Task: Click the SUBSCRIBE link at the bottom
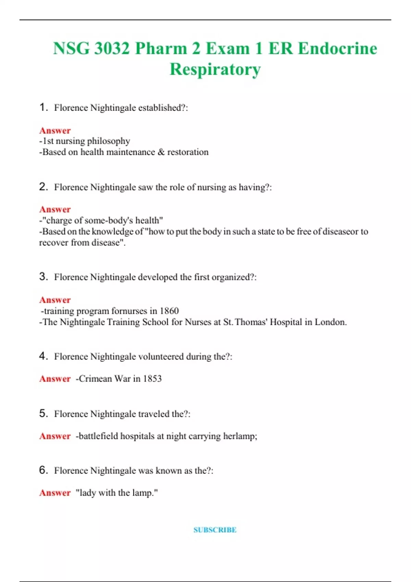click(x=215, y=530)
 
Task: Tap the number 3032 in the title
click(x=112, y=48)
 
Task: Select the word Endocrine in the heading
click(x=337, y=48)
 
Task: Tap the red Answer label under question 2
click(x=55, y=209)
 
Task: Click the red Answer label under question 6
click(x=55, y=493)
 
